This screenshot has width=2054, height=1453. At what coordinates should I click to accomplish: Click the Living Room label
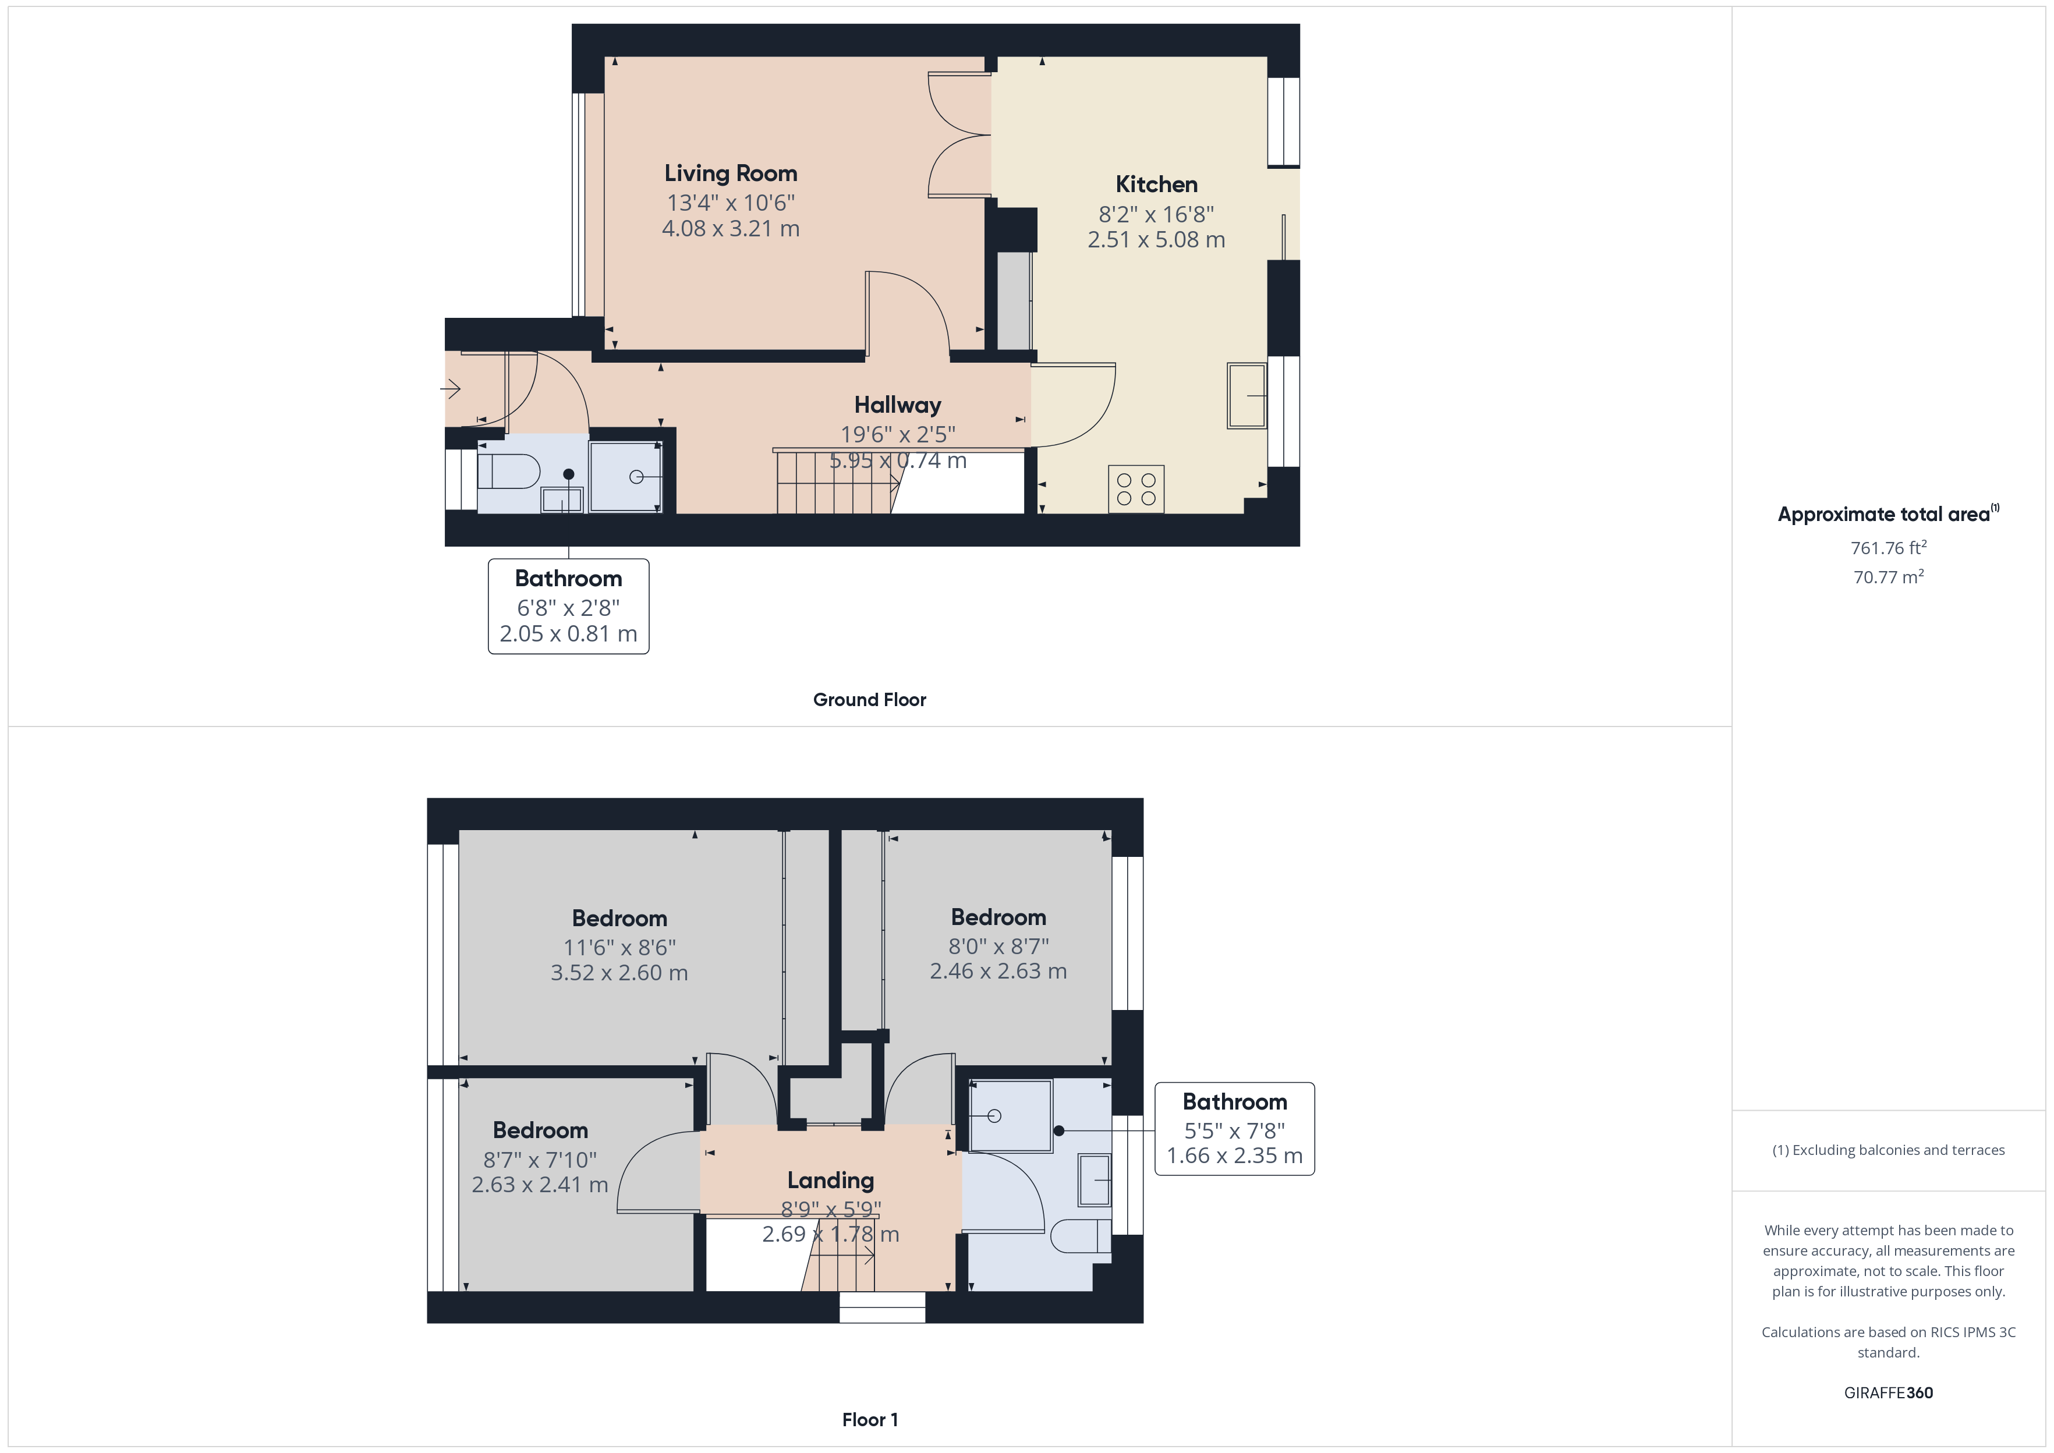(730, 173)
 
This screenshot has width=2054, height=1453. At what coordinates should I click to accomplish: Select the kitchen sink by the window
(1246, 395)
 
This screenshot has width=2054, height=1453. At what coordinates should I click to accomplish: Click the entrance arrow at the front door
(450, 388)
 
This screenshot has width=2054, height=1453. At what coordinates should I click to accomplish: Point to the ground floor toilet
(509, 472)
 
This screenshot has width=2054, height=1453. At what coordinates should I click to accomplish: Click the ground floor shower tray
(625, 477)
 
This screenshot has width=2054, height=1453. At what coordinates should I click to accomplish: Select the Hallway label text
(897, 405)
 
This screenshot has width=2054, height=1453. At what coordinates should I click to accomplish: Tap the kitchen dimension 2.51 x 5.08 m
(1156, 240)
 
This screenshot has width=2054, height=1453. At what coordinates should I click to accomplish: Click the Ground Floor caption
(869, 700)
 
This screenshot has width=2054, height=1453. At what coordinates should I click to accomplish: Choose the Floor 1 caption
(870, 1419)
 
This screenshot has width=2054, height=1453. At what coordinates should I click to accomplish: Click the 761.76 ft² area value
(1887, 548)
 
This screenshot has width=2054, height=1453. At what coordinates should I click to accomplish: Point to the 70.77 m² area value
(1887, 577)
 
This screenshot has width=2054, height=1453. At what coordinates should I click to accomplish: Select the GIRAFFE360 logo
(1887, 1392)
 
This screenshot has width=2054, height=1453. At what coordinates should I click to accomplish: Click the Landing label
(830, 1180)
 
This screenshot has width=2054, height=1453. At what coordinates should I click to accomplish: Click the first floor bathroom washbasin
(1095, 1180)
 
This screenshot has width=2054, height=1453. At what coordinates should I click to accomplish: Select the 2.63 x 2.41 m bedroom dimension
(540, 1185)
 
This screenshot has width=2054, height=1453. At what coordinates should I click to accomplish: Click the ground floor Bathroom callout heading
(568, 579)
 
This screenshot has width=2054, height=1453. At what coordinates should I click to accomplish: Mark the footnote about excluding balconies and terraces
(1887, 1150)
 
